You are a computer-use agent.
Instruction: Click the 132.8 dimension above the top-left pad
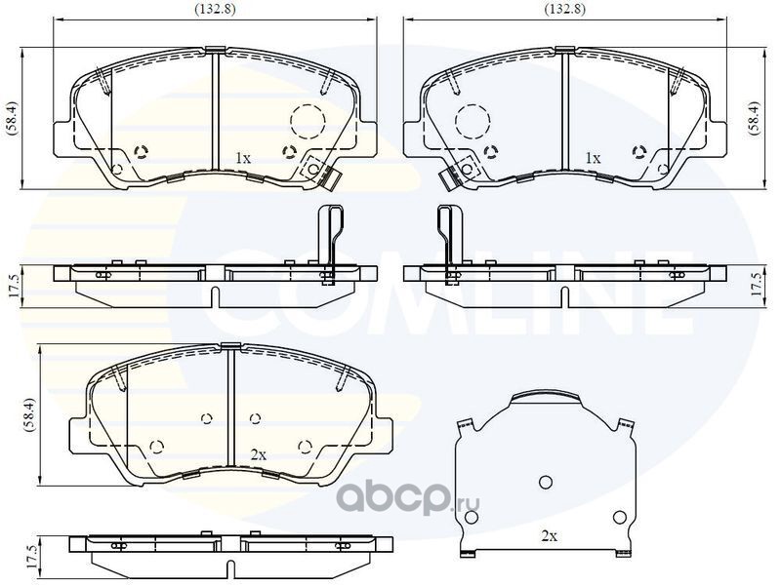point(215,9)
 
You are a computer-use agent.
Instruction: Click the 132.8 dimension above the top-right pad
point(565,9)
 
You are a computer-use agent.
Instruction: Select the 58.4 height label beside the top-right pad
point(755,117)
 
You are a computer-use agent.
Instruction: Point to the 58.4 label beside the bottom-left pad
point(30,414)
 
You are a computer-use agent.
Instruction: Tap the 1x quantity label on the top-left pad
point(242,158)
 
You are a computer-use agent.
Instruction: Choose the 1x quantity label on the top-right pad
point(593,158)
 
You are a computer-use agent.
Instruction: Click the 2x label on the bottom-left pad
point(259,454)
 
